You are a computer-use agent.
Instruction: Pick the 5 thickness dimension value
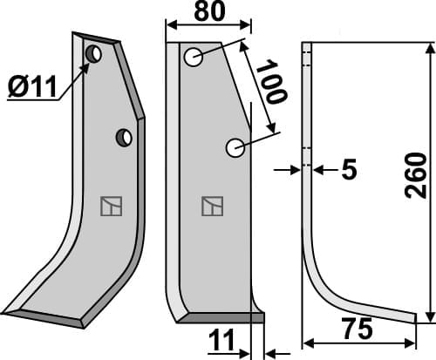click(349, 171)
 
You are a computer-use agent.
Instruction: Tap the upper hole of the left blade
click(92, 56)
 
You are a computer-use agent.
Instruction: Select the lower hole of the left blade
click(124, 137)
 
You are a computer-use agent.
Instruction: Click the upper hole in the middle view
click(194, 58)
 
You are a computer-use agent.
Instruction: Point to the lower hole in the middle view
click(234, 148)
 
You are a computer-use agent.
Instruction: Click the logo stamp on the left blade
click(111, 207)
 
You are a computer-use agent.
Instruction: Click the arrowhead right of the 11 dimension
click(269, 352)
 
